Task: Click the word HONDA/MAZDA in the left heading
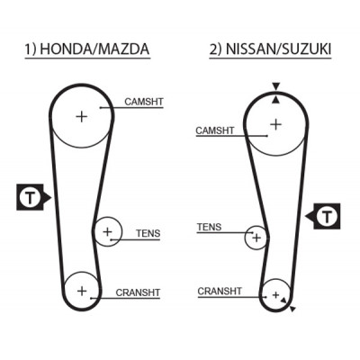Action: tap(94, 49)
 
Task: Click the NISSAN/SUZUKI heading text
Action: tap(278, 49)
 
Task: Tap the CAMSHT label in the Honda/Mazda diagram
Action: tap(144, 102)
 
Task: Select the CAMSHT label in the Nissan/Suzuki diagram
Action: tap(215, 130)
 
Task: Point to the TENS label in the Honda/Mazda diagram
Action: tap(148, 233)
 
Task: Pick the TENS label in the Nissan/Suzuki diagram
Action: tap(209, 227)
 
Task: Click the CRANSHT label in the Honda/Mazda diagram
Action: tap(138, 292)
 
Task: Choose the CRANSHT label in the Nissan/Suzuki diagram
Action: tap(220, 291)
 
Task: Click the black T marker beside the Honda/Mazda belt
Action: tap(31, 197)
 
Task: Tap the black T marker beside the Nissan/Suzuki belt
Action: tap(326, 216)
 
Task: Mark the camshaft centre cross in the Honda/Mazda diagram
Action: tap(81, 116)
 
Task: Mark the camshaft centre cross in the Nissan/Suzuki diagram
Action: tap(275, 124)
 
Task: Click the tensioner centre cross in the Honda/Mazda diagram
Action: tap(107, 231)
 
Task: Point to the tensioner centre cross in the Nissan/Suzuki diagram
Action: tap(256, 238)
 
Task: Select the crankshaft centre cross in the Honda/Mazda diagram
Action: tap(82, 291)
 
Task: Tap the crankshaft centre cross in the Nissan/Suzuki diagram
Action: tap(275, 295)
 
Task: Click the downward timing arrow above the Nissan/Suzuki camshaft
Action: tap(276, 86)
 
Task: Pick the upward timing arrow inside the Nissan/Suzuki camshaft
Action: tap(275, 101)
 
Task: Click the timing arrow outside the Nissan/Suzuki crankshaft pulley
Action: tap(293, 309)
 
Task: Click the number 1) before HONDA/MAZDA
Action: tap(30, 49)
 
